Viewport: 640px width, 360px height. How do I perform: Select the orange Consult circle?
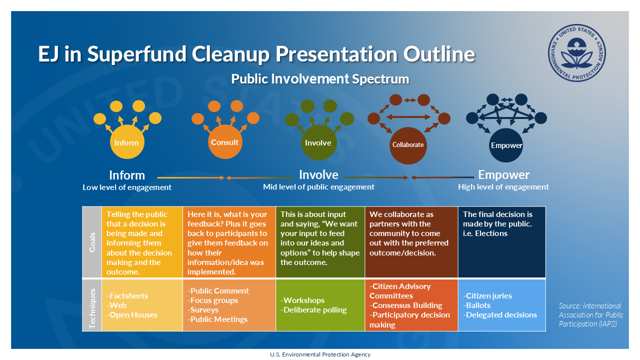[x=224, y=142]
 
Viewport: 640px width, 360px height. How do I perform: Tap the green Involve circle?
[x=318, y=143]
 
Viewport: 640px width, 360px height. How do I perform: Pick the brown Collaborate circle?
[x=407, y=145]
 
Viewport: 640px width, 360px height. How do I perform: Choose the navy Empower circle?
[x=506, y=145]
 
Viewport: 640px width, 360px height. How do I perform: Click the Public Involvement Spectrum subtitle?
[x=320, y=79]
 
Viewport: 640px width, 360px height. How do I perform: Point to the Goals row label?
[x=92, y=241]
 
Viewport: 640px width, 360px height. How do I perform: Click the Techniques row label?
[x=92, y=305]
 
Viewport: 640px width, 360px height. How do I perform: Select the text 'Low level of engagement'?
[x=127, y=187]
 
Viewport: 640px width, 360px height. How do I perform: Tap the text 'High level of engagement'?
[x=503, y=187]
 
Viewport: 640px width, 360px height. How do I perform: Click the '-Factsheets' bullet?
[x=127, y=295]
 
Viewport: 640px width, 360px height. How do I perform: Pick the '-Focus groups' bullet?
[x=213, y=300]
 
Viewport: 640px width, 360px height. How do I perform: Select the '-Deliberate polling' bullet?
[x=313, y=310]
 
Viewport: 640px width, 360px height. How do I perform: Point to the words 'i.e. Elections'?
[x=485, y=233]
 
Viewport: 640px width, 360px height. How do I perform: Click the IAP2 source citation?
[x=590, y=314]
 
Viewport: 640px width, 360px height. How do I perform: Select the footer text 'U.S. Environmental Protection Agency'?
[x=320, y=354]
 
